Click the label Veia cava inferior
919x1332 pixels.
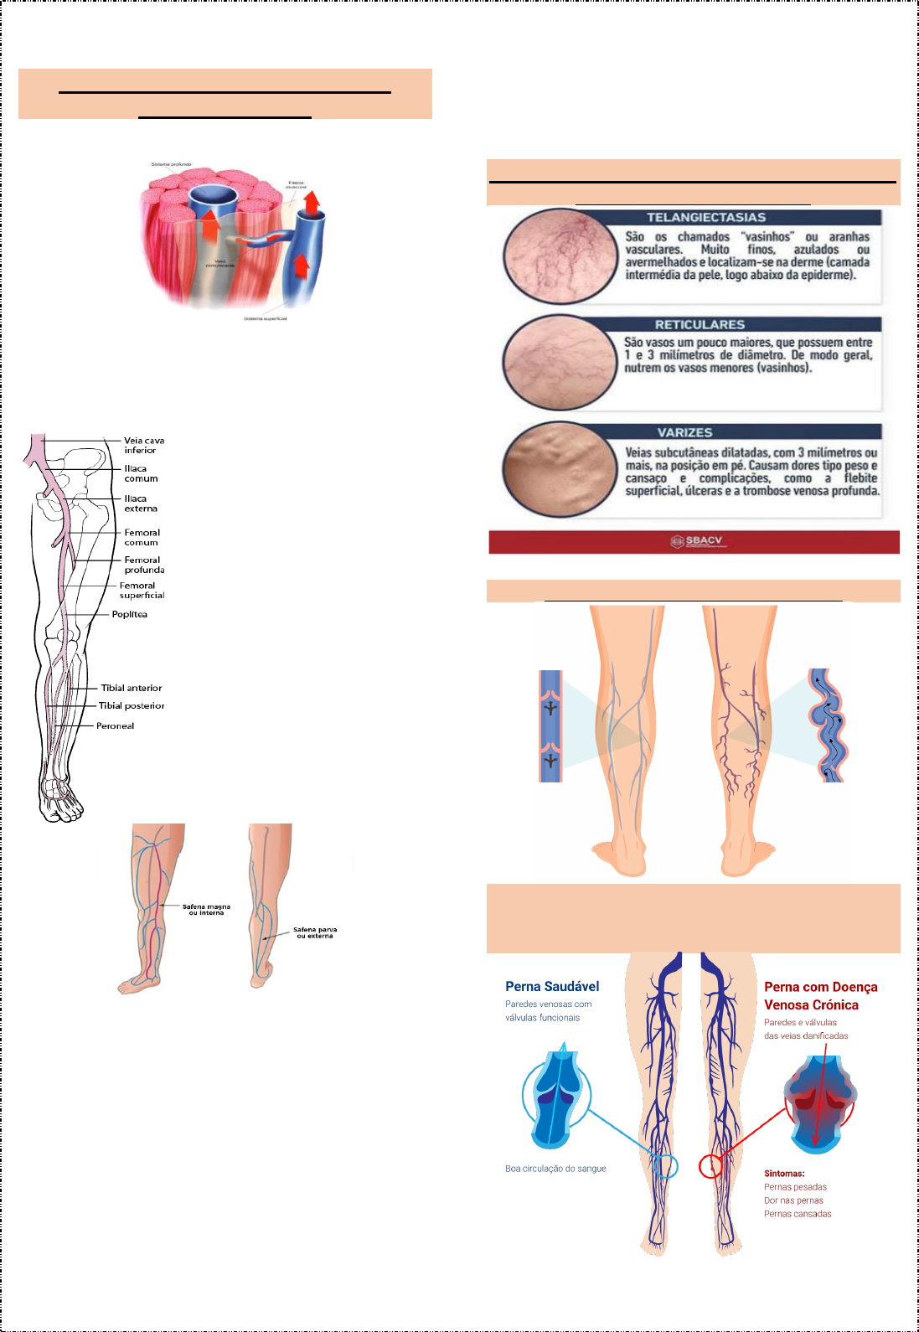[x=143, y=445]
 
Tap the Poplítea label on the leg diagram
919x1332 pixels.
[x=129, y=614]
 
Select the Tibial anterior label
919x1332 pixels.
[x=132, y=688]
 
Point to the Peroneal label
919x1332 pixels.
[x=115, y=725]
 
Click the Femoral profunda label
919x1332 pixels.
[x=144, y=565]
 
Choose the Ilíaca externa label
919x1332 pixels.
[x=141, y=503]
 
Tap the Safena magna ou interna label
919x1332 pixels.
[x=206, y=909]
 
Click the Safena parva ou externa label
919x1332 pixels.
[x=315, y=932]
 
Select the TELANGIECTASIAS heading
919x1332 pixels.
[x=705, y=217]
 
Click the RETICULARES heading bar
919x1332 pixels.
[x=700, y=324]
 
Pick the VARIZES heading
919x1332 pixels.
[x=684, y=432]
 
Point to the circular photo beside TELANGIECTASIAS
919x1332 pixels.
[x=560, y=255]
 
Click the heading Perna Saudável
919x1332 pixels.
[x=552, y=986]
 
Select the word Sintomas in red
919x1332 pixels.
[x=783, y=1174]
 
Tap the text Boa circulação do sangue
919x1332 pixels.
[x=555, y=1169]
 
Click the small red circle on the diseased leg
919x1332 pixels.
[x=710, y=1166]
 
